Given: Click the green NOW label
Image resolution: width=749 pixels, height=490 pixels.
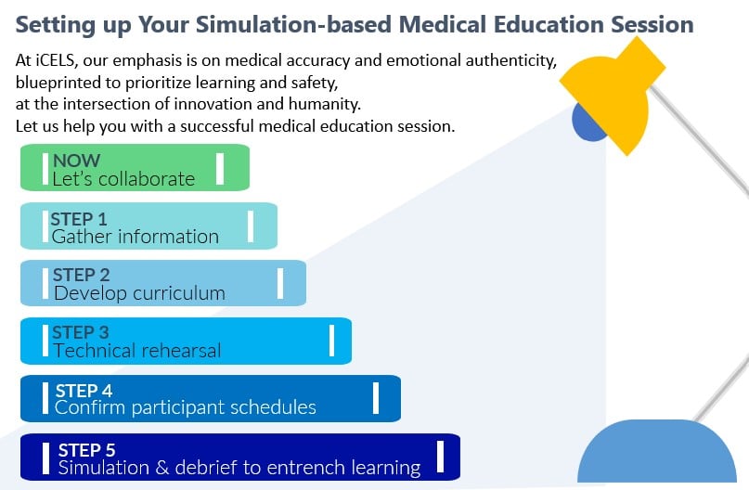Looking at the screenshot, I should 76,161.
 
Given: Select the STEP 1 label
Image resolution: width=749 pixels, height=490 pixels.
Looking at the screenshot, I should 79,220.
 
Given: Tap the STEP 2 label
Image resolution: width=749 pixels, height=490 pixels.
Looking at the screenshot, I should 82,276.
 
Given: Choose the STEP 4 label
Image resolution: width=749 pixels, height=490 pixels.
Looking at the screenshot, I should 84,391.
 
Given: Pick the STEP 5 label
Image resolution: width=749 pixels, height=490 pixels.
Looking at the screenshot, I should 85,450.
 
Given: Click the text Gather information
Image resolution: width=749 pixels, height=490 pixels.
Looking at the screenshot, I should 136,237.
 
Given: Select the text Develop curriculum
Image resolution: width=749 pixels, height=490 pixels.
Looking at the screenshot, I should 139,294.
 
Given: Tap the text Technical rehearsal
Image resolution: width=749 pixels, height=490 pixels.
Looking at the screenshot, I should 137,351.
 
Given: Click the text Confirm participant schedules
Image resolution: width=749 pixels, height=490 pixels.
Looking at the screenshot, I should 186,407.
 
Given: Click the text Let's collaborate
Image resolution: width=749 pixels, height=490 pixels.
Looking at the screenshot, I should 123,179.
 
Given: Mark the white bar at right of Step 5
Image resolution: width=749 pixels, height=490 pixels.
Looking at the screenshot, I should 439,456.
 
